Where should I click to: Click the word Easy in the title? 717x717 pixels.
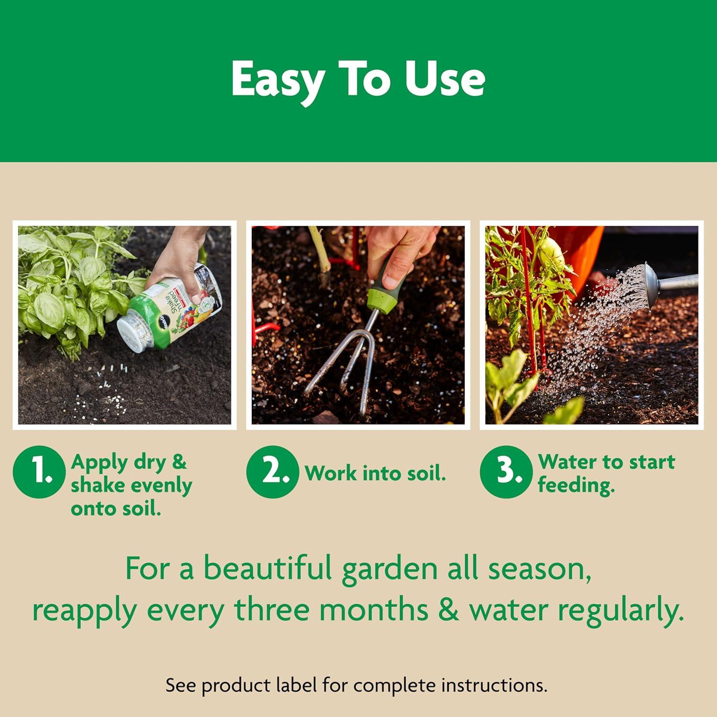(277, 80)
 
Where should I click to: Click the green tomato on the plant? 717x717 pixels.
(550, 249)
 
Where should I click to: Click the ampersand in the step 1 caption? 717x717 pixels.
(178, 462)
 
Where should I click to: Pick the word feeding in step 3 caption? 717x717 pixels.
(576, 485)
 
